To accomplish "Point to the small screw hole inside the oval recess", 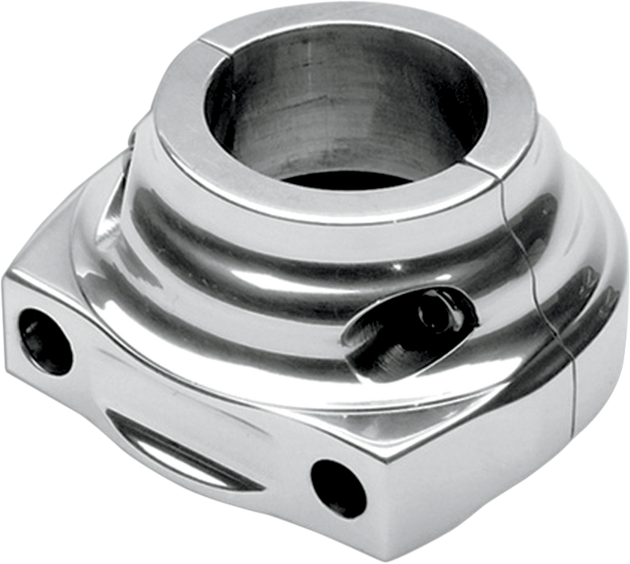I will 429,310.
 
